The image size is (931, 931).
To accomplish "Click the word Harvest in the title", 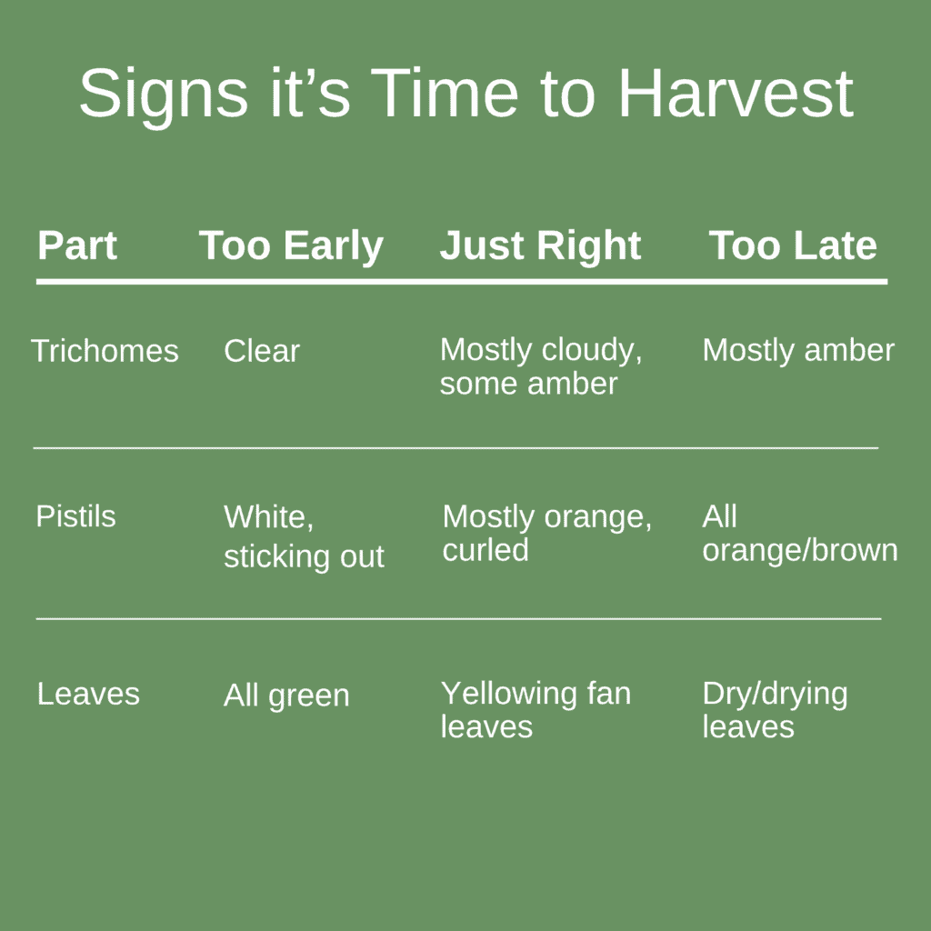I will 736,94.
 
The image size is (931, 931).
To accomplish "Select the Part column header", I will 77,245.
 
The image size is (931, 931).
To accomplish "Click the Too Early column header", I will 291,245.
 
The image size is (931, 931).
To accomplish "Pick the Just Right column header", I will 541,245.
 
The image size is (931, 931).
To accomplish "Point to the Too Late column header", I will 793,245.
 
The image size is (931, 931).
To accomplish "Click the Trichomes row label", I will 105,351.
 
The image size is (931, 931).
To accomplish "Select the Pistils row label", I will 75,516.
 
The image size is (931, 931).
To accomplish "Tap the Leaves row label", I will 88,694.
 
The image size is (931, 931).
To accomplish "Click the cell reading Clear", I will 262,351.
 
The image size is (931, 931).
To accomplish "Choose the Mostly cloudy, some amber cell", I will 541,366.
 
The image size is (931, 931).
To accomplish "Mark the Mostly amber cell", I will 798,350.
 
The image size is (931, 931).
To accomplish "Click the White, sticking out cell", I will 304,536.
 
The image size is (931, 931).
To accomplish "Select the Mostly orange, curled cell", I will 546,533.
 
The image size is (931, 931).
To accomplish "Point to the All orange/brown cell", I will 799,533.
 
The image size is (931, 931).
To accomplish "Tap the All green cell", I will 286,696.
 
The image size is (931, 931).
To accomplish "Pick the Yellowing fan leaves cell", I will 536,710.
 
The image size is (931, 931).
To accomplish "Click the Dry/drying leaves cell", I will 775,710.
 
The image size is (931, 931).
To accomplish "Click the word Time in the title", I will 445,94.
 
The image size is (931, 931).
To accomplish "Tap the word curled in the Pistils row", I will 486,550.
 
